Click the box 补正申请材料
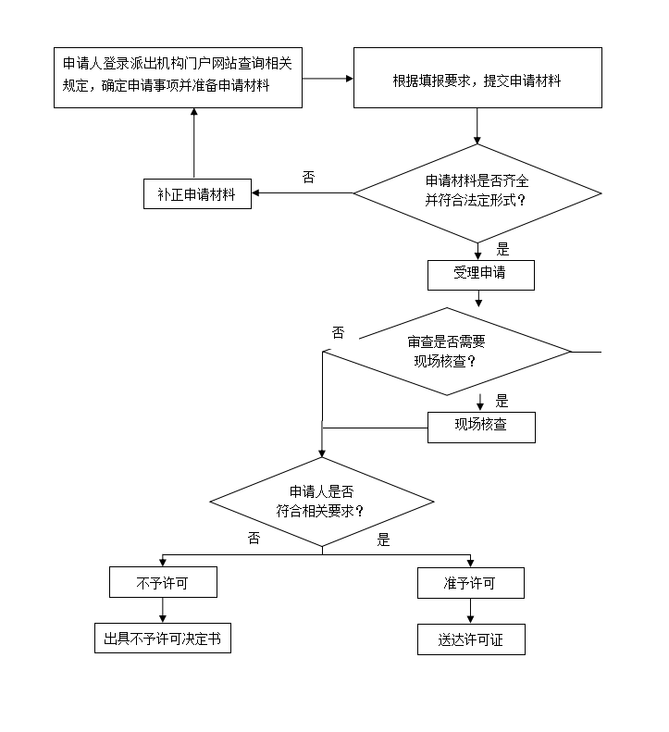pos(197,193)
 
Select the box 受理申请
pos(480,275)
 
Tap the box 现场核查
pos(480,427)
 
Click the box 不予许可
pos(163,582)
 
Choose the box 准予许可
pos(470,582)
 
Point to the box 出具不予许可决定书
pos(163,639)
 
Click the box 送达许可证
pos(470,639)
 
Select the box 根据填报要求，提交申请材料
pos(477,79)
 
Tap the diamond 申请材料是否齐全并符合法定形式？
pos(477,193)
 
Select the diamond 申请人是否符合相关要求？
pos(321,502)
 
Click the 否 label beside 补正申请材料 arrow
pos(308,177)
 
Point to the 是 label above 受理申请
pos(503,249)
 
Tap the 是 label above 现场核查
pos(502,401)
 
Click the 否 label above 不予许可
pos(254,539)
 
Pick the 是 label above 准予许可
pos(384,540)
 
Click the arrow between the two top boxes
pos(328,79)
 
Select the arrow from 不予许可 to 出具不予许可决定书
pos(163,611)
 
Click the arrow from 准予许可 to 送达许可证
pos(470,611)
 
